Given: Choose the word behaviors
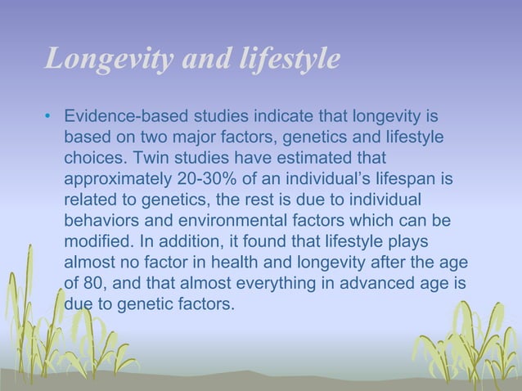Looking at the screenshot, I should pos(100,222).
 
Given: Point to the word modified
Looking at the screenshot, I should pos(94,243).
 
